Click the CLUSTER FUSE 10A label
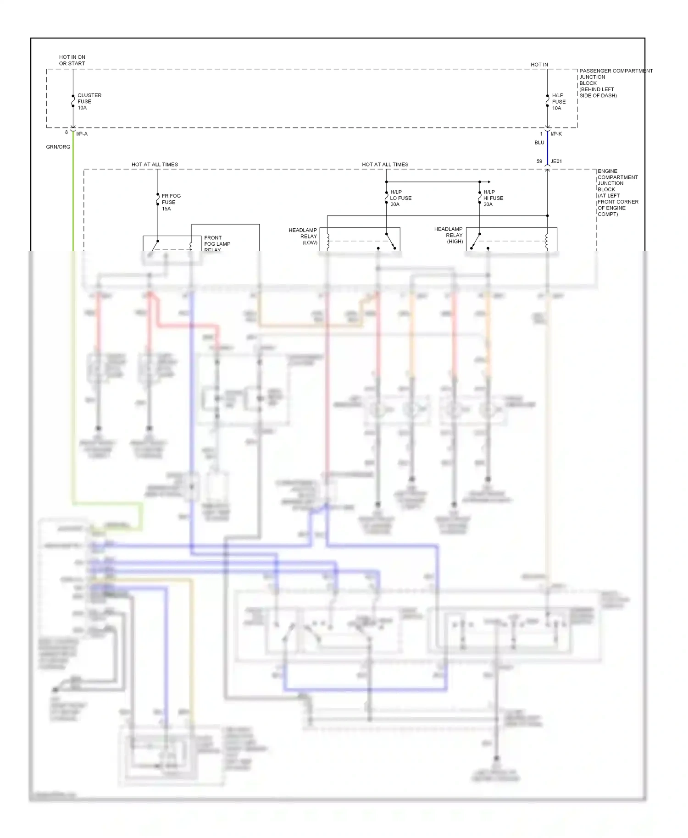89,101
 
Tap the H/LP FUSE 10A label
558,102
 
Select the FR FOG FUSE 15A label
171,202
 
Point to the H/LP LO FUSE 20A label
400,198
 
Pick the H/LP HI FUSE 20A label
493,198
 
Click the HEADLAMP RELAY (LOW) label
303,236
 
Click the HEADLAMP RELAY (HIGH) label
449,235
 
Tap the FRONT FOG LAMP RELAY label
217,243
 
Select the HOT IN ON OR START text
72,60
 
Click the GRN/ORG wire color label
58,147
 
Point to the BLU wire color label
539,143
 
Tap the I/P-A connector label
82,134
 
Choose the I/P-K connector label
556,134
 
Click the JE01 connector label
556,161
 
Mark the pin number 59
539,161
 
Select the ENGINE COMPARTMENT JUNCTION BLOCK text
617,193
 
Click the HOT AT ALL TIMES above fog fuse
155,164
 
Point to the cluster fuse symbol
73,101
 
